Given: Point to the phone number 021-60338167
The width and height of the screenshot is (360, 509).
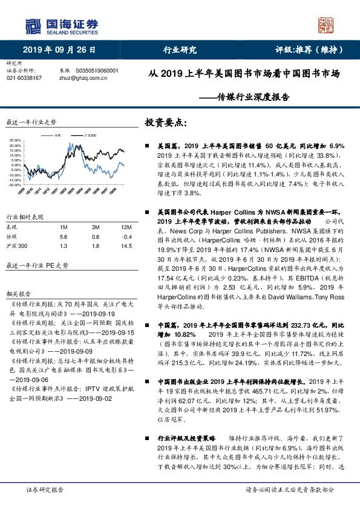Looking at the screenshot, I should [x=24, y=78].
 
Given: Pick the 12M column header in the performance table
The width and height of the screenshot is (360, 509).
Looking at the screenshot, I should [x=126, y=226].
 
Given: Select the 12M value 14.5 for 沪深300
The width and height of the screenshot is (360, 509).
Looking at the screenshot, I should [x=126, y=247].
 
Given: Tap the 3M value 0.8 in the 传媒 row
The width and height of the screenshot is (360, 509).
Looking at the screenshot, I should [x=95, y=236].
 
